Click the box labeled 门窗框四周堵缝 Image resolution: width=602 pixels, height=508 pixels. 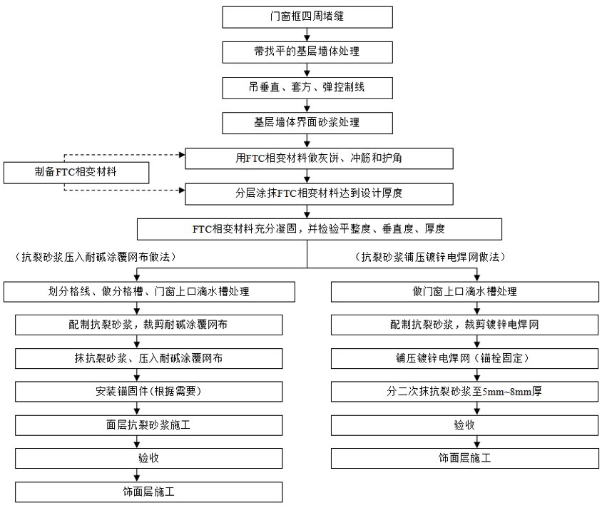307,17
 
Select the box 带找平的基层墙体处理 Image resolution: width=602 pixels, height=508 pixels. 307,52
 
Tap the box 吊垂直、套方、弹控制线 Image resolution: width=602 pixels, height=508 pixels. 307,88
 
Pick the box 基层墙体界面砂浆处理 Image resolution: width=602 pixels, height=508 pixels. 307,123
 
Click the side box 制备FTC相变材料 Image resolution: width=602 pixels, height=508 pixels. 76,173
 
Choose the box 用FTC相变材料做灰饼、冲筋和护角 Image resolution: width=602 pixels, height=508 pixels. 319,158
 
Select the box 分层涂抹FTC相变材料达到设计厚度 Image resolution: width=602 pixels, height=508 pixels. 319,194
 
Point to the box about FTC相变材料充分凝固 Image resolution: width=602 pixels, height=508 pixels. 320,229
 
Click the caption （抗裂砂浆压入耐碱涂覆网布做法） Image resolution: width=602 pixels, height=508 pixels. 96,256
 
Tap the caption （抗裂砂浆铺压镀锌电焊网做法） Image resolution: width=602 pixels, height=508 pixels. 430,256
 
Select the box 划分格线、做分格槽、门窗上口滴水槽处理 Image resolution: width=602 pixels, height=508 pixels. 149,292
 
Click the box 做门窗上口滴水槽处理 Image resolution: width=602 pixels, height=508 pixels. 465,292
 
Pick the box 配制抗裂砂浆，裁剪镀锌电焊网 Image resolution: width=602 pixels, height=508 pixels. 464,325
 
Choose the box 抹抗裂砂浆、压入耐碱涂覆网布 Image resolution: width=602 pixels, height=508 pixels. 149,359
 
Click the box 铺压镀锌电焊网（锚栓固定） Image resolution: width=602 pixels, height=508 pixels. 464,359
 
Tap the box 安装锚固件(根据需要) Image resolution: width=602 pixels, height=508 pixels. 149,392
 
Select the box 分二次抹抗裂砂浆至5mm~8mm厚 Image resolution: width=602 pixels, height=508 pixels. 464,392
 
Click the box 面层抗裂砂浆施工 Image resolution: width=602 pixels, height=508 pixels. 149,425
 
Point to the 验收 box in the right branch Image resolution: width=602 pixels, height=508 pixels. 464,425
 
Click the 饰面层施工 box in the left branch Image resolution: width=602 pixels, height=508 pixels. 149,492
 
